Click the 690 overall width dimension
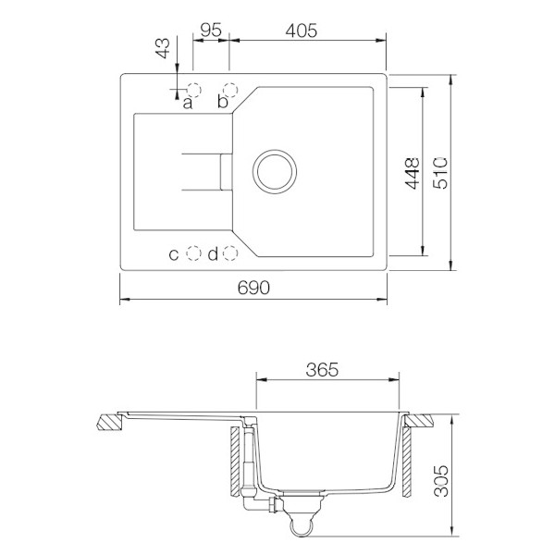click(253, 288)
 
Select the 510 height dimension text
click(441, 173)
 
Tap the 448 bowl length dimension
click(412, 174)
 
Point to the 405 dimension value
click(302, 31)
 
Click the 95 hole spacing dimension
click(211, 31)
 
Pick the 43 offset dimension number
click(163, 48)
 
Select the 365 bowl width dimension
click(322, 369)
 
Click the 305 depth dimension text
click(441, 481)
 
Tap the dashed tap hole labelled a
click(194, 90)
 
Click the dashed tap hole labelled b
click(230, 90)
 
